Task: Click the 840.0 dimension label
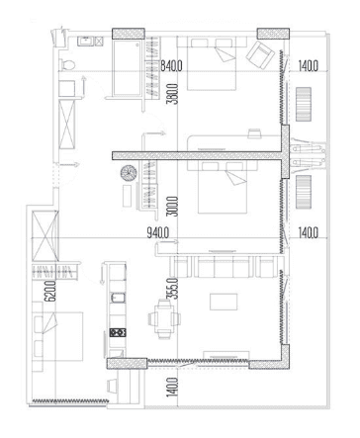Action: pos(175,66)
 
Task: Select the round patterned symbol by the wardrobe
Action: pos(128,175)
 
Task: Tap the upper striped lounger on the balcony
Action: pos(304,102)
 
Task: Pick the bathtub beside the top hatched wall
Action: pos(128,69)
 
